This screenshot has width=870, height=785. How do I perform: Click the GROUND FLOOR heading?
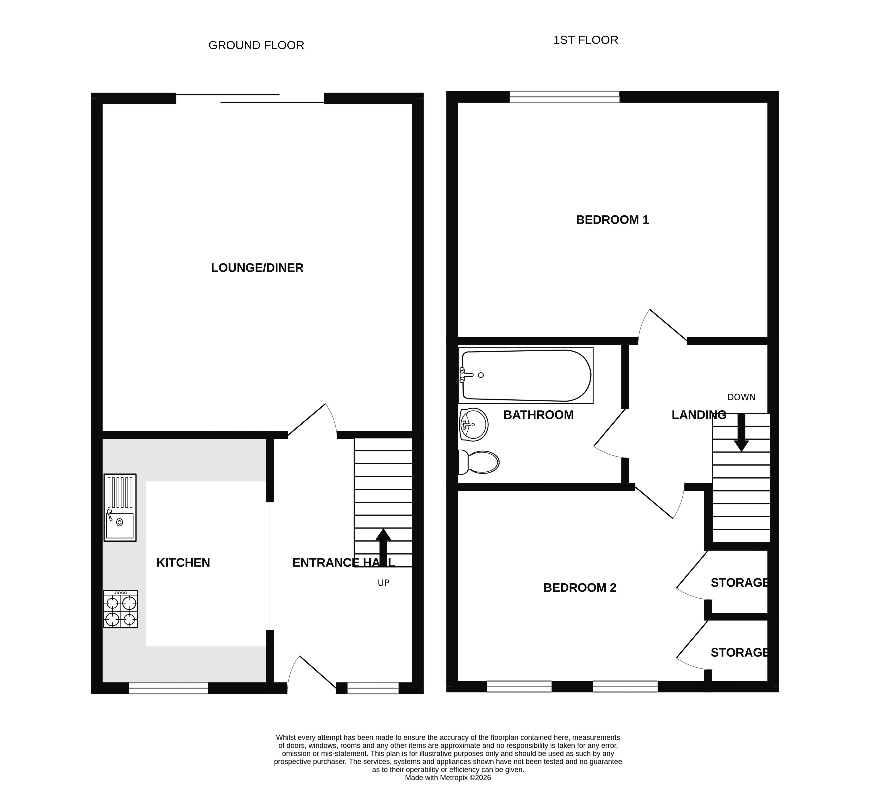point(256,45)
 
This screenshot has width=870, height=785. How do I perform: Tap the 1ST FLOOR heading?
point(586,40)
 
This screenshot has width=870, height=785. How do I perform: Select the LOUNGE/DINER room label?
point(257,268)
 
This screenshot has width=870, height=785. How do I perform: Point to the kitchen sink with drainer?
point(120,508)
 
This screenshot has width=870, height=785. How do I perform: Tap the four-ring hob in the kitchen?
point(120,609)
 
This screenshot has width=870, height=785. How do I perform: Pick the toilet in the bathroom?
point(479,462)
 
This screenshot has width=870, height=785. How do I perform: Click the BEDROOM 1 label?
point(612,220)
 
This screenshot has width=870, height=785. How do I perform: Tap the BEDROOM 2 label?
point(580,588)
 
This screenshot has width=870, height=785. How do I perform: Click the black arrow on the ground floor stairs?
point(383,547)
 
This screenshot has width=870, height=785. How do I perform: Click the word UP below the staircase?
point(383,583)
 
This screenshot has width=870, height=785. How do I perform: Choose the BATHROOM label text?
point(539,415)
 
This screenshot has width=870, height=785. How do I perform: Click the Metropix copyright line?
point(448,778)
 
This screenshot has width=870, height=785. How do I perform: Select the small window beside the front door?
point(373,688)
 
